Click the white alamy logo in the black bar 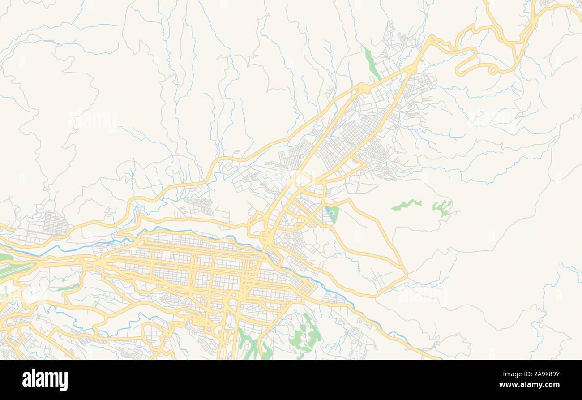click(45, 380)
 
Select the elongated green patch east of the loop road click(406, 205)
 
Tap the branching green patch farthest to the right click(442, 207)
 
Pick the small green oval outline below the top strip click(371, 80)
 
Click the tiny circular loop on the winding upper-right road click(492, 70)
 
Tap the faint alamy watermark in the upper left click(93, 120)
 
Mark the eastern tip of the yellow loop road click(406, 271)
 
